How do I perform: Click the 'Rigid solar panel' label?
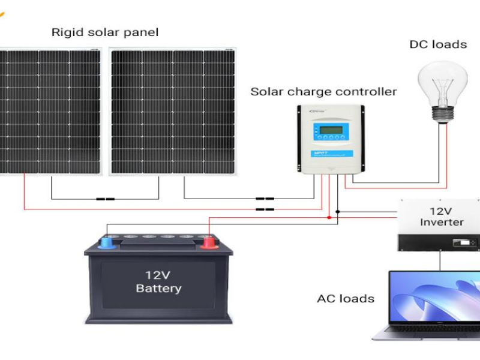(x=105, y=32)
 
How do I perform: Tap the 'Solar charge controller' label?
(x=323, y=92)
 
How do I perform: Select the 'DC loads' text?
(x=438, y=44)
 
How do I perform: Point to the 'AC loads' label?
(x=346, y=298)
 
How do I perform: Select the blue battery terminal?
(x=107, y=243)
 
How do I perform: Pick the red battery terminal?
(x=208, y=242)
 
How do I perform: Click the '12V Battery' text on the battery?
(x=158, y=282)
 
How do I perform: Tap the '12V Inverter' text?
(x=442, y=217)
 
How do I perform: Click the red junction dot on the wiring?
(x=329, y=217)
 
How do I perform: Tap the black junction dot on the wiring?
(x=338, y=211)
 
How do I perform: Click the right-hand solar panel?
(x=173, y=112)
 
